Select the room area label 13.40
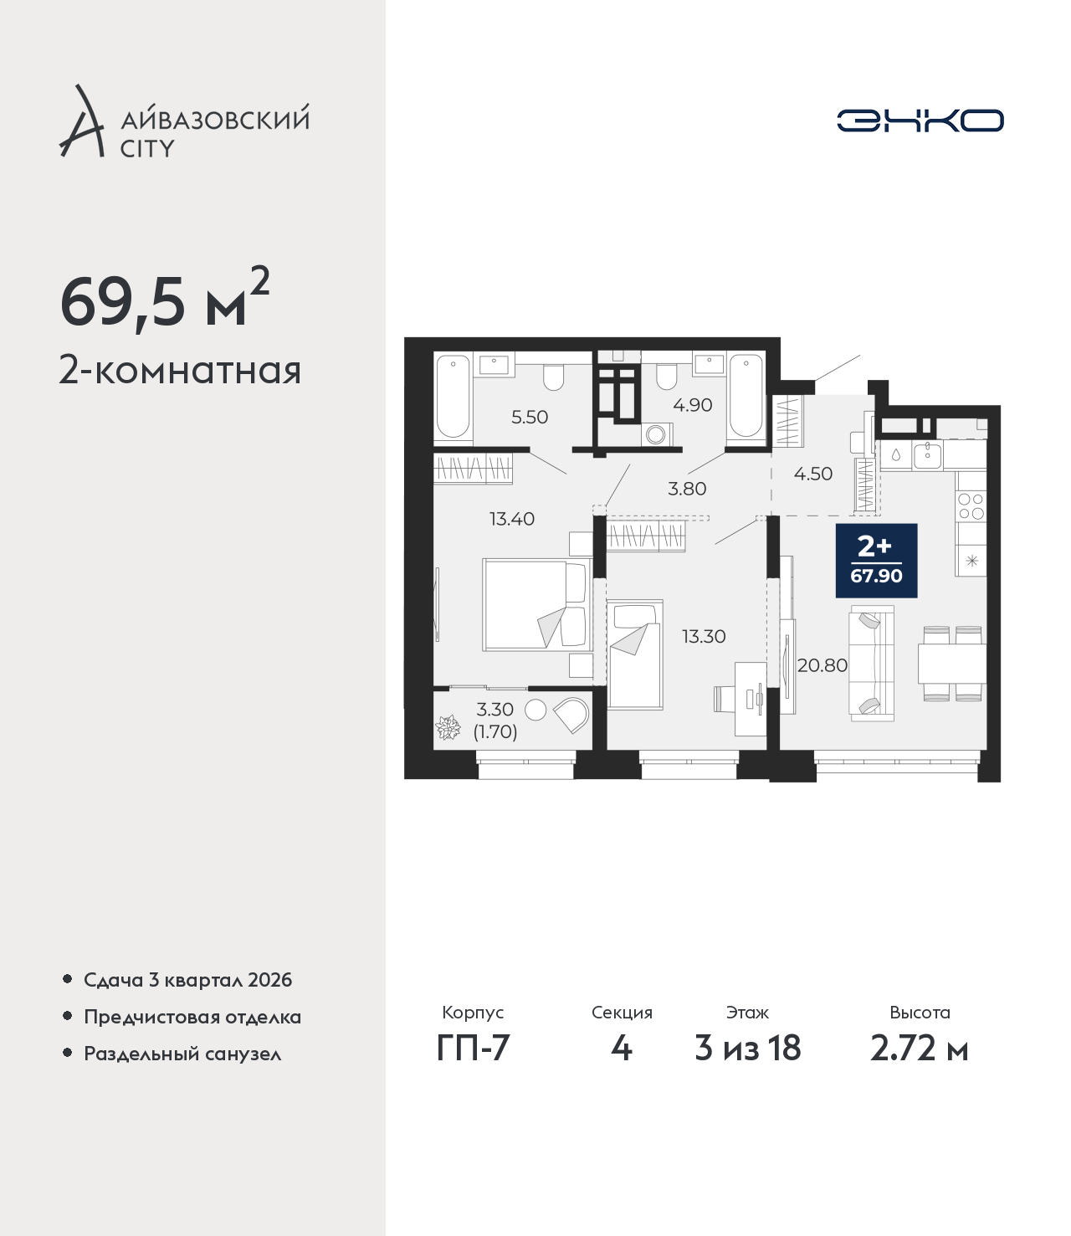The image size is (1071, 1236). click(512, 519)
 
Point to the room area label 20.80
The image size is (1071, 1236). click(822, 665)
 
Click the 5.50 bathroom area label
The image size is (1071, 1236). click(529, 417)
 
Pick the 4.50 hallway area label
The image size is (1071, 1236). click(812, 474)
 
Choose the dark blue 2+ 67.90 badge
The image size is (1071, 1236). click(876, 561)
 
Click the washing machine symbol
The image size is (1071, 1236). click(656, 434)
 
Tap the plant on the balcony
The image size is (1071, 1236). click(448, 728)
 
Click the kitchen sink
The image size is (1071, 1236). click(927, 456)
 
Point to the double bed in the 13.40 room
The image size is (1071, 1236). click(537, 604)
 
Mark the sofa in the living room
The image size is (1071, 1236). click(871, 663)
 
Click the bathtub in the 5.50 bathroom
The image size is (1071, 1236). click(453, 396)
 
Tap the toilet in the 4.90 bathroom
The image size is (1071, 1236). click(666, 376)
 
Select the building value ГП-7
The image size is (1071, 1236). click(473, 1048)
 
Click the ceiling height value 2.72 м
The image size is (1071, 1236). click(919, 1048)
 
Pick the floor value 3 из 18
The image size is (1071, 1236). click(747, 1048)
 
